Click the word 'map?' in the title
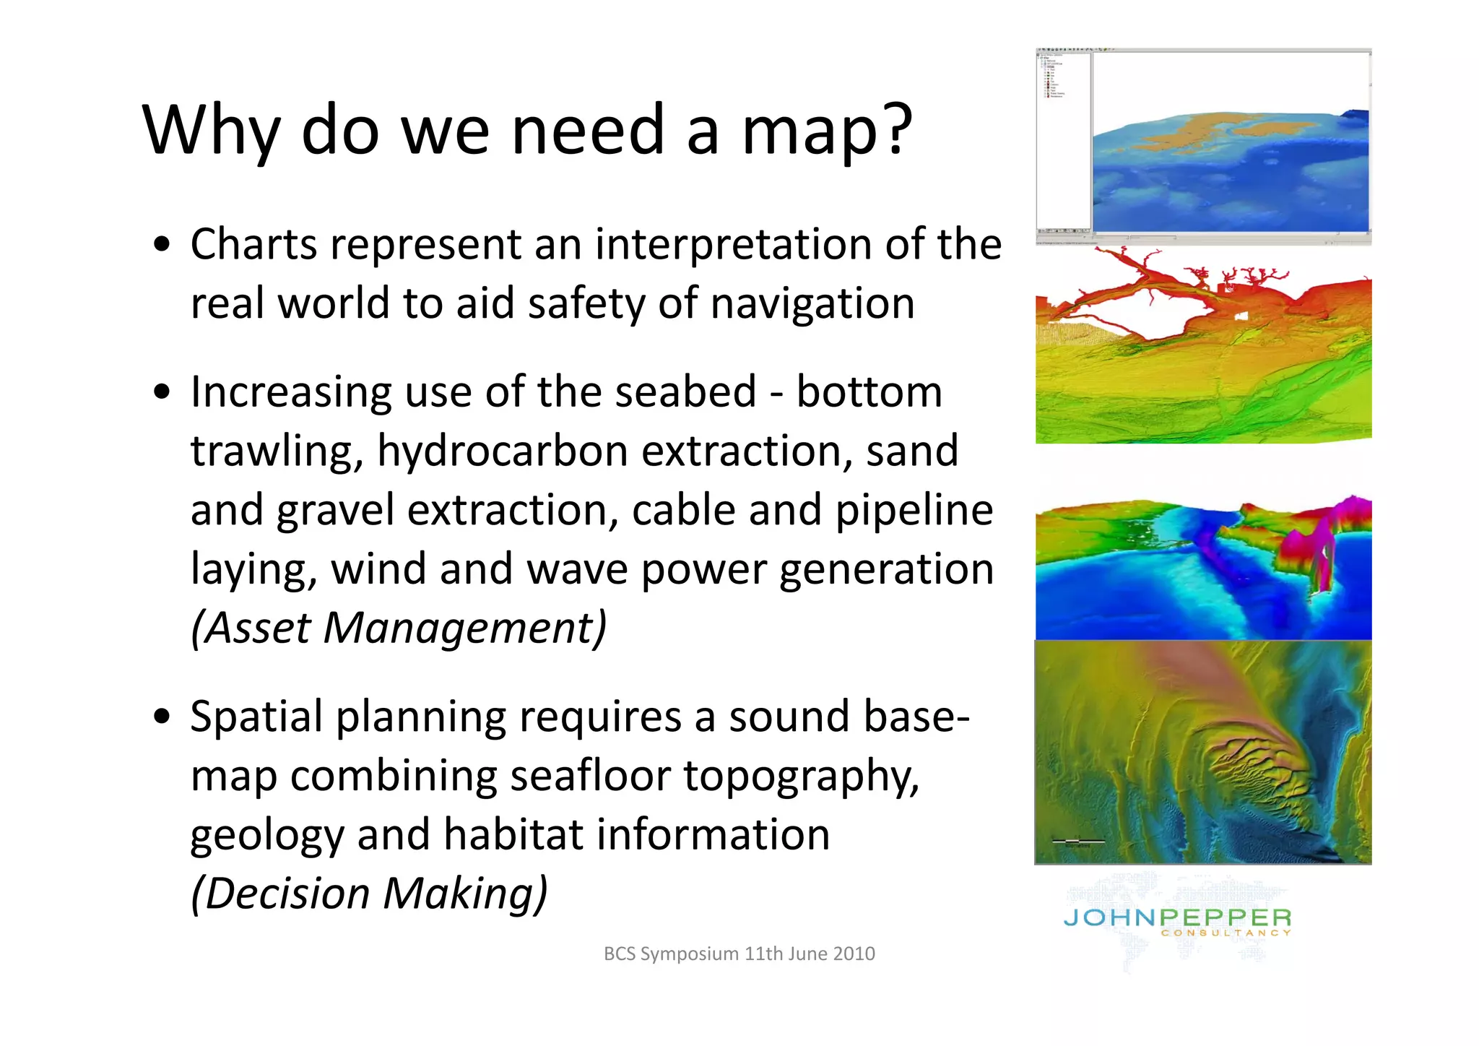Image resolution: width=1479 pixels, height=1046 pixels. [827, 131]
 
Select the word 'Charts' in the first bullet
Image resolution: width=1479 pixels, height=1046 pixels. [253, 244]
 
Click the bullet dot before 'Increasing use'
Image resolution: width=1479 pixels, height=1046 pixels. [163, 392]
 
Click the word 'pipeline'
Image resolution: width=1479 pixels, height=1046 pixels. [914, 510]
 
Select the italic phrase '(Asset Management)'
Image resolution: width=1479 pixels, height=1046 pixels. [398, 628]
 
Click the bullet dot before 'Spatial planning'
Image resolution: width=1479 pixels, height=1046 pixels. [163, 717]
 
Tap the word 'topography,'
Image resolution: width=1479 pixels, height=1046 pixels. [801, 777]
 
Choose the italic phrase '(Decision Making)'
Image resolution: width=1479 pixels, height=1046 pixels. [369, 894]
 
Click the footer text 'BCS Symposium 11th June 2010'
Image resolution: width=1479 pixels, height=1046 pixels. [739, 954]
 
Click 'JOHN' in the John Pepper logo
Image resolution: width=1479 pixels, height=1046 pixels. [1109, 918]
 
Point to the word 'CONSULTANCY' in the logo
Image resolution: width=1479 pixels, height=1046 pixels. [1226, 933]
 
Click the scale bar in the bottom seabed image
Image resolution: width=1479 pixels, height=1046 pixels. [1078, 841]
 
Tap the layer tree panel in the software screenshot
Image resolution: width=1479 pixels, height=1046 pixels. [1062, 141]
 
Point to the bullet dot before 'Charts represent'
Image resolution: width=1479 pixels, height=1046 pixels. [163, 244]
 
